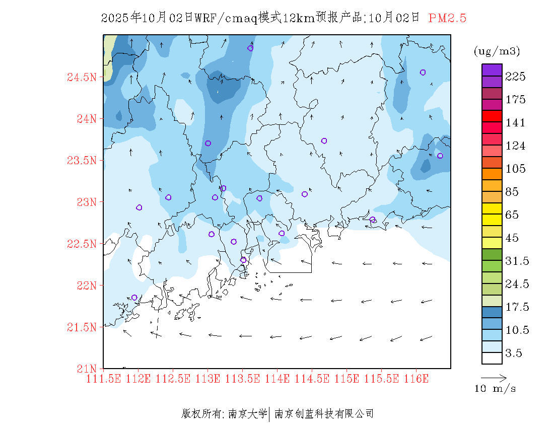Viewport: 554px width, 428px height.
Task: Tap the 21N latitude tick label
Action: pos(86,369)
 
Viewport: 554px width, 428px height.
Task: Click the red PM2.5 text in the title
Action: pos(447,18)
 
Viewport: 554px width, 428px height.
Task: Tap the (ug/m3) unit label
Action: pos(497,51)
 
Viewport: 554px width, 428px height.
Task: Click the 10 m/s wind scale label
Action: pos(495,389)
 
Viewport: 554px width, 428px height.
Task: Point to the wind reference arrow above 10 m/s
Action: pos(494,377)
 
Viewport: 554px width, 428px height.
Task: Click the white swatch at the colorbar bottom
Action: pos(492,358)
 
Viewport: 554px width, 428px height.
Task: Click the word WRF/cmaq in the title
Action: pos(226,18)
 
